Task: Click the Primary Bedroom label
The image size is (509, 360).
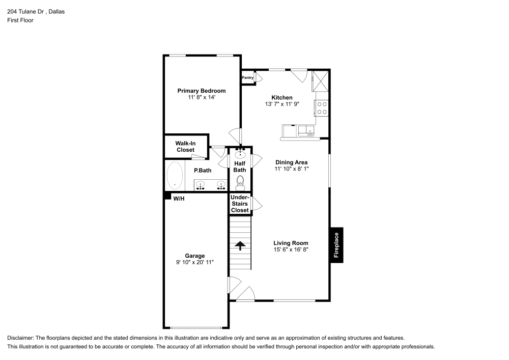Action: pyautogui.click(x=201, y=91)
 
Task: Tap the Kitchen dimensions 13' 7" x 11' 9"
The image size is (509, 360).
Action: pyautogui.click(x=281, y=104)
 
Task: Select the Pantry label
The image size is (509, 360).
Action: pyautogui.click(x=247, y=78)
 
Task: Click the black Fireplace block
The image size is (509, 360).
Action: pyautogui.click(x=336, y=245)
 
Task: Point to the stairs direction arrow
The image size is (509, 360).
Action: pyautogui.click(x=240, y=245)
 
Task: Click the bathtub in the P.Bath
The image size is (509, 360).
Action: pyautogui.click(x=175, y=175)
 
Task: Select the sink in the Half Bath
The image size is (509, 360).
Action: pyautogui.click(x=240, y=154)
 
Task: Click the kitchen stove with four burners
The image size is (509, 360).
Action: pyautogui.click(x=322, y=107)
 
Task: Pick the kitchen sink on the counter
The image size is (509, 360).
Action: pyautogui.click(x=307, y=131)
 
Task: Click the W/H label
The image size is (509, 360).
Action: pyautogui.click(x=179, y=199)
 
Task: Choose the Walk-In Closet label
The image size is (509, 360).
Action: pyautogui.click(x=185, y=147)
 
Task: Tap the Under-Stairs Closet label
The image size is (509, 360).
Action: pyautogui.click(x=240, y=204)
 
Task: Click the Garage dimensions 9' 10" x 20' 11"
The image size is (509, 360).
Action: pyautogui.click(x=195, y=262)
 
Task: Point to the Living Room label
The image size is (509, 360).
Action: pyautogui.click(x=291, y=243)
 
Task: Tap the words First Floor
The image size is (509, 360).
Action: pyautogui.click(x=20, y=20)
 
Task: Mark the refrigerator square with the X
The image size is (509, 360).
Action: pyautogui.click(x=321, y=80)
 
